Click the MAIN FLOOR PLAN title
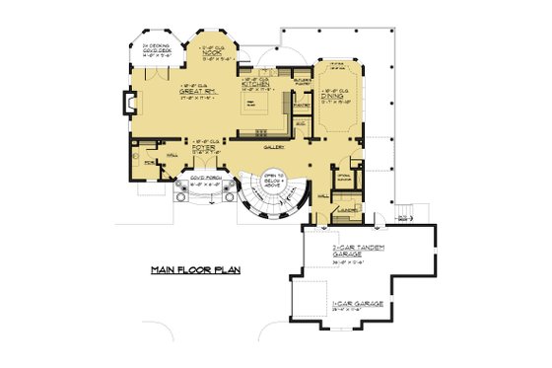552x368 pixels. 196,268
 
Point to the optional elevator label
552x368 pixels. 344,179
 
